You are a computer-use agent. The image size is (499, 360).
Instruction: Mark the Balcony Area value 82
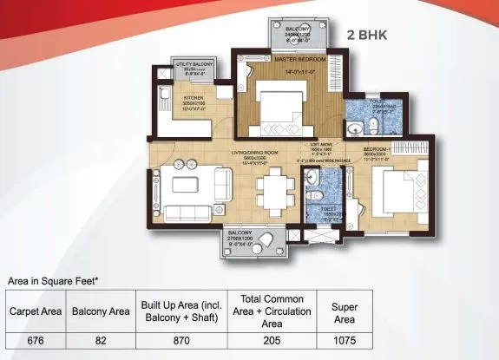pos(100,341)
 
